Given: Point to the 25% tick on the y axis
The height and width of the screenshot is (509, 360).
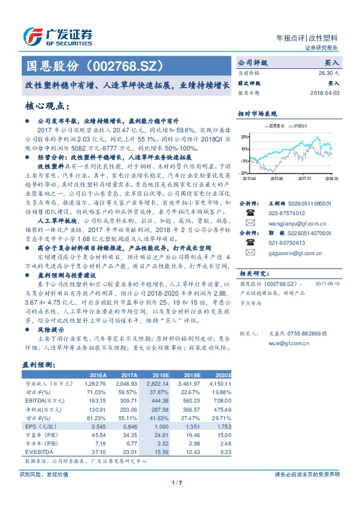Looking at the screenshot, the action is tap(243, 137).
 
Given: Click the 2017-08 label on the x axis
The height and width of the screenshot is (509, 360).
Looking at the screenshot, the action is tap(277, 178).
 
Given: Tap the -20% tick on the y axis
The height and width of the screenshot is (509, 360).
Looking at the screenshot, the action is tap(242, 173).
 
